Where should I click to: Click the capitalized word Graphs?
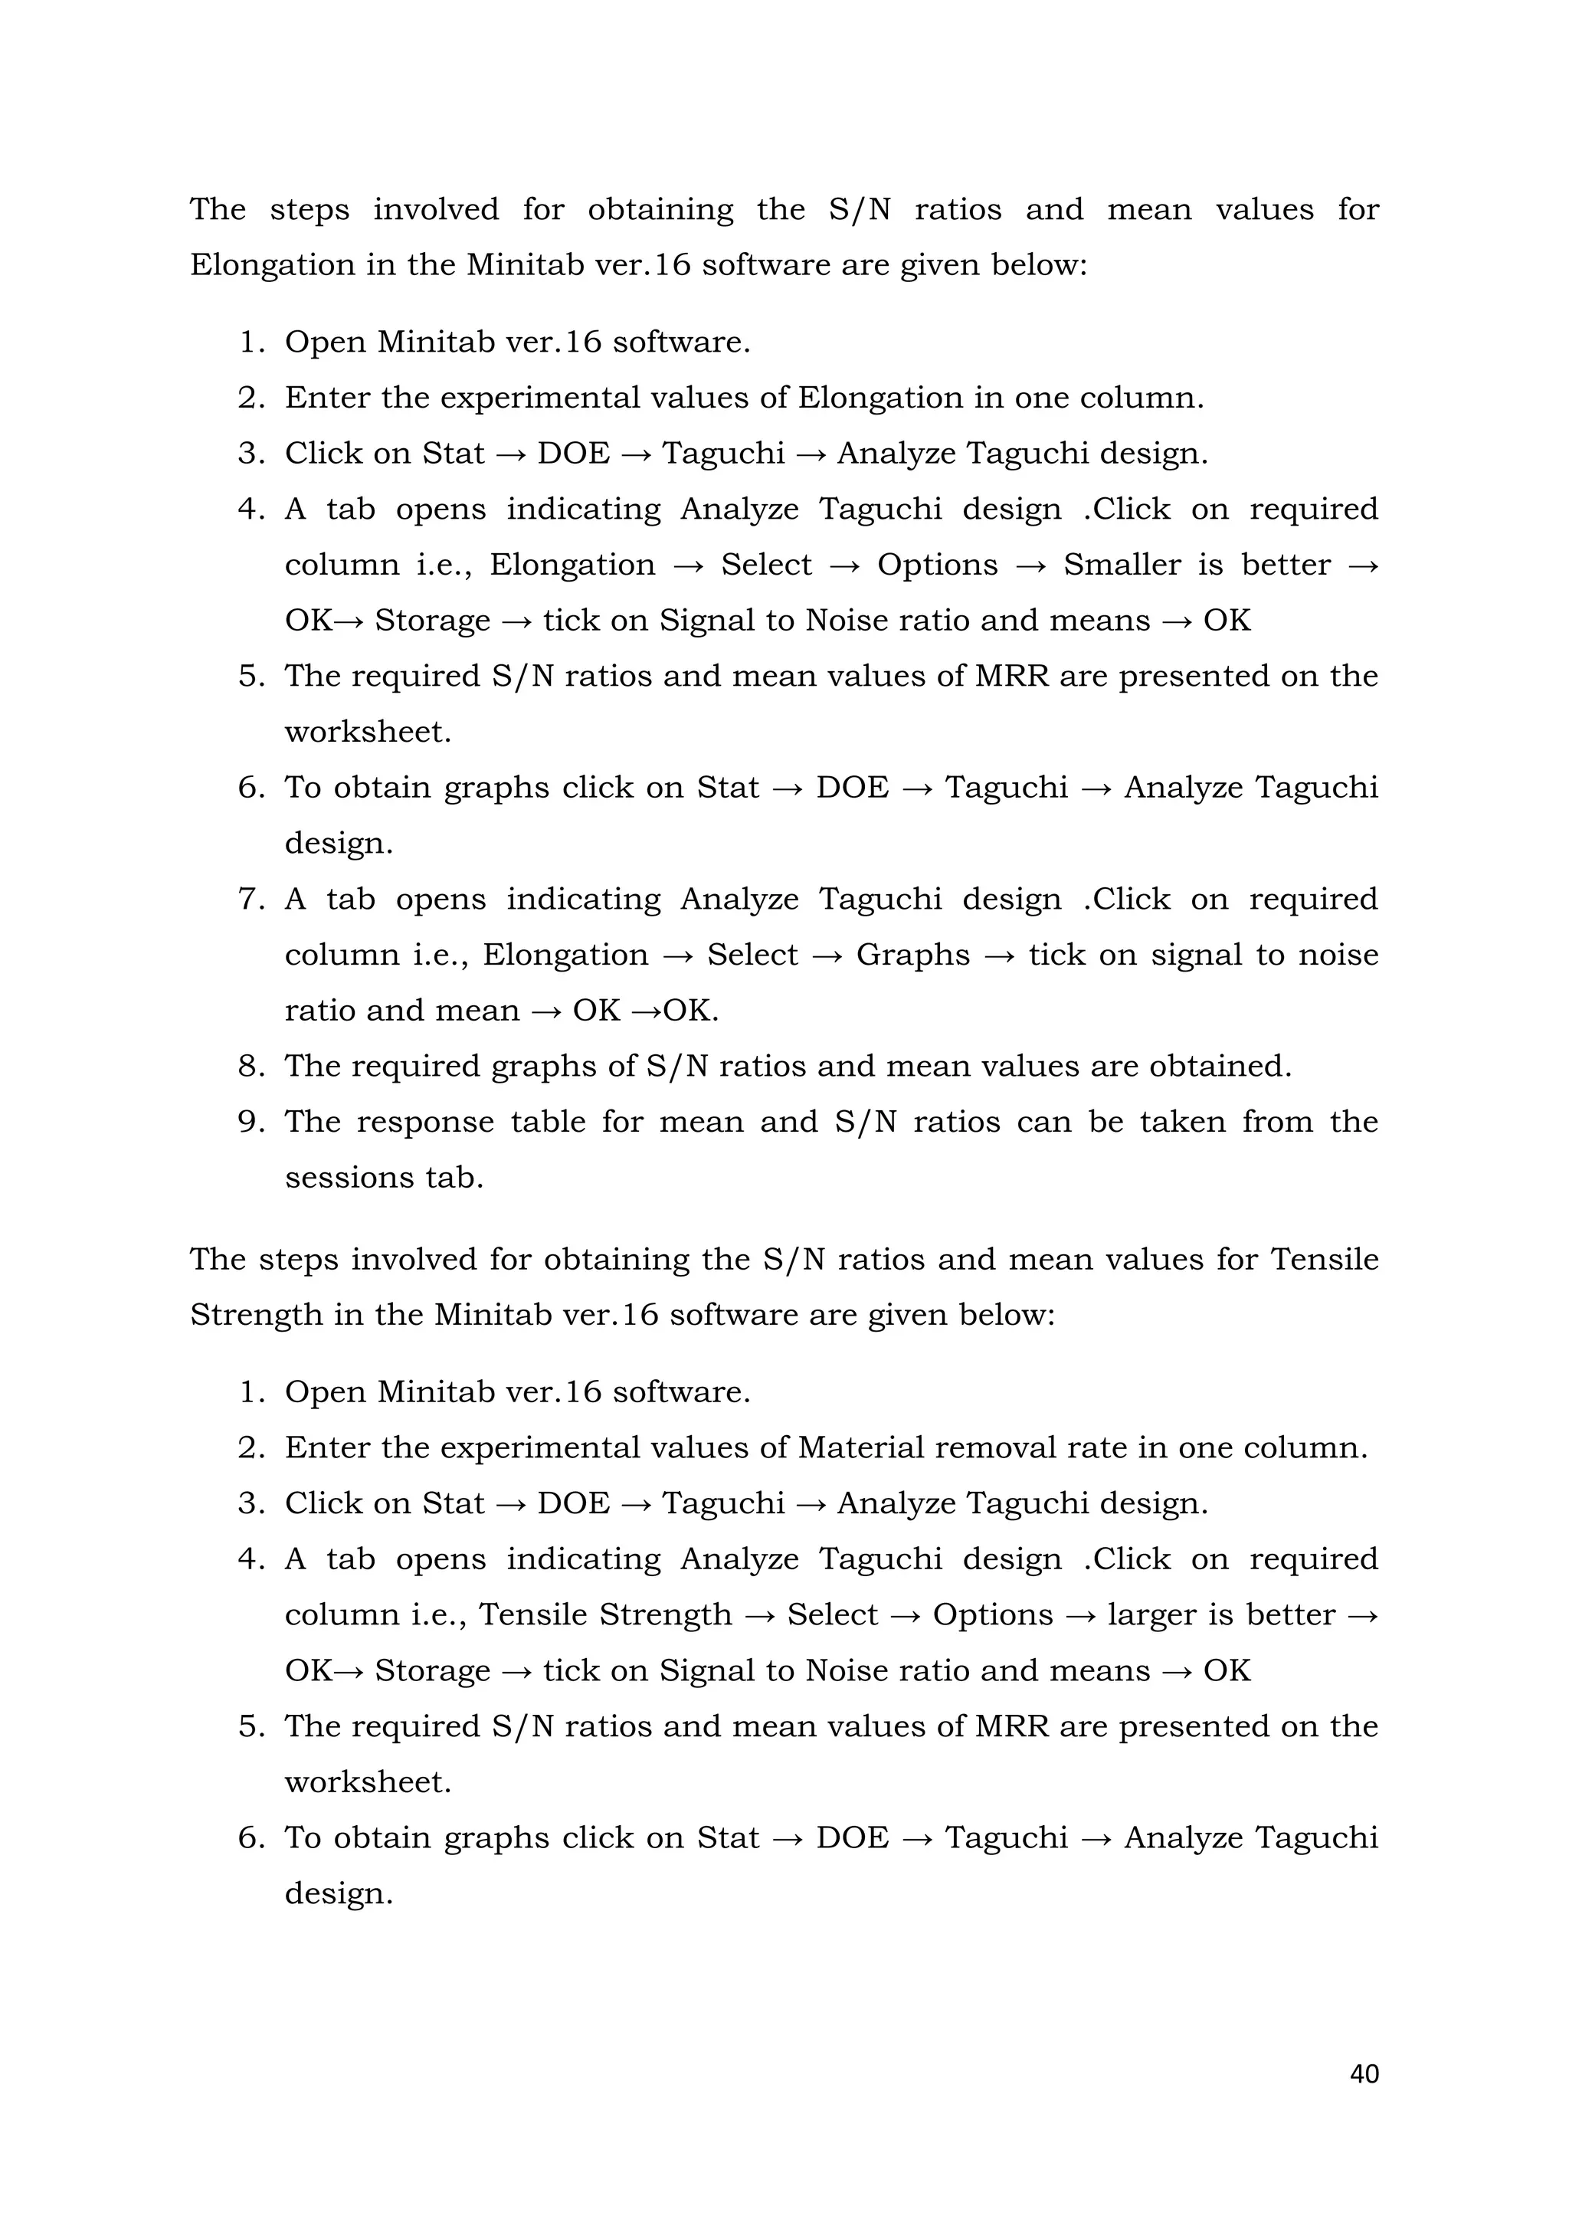tap(913, 955)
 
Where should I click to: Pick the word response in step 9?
tap(422, 1122)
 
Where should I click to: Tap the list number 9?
tap(251, 1122)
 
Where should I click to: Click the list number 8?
tap(251, 1066)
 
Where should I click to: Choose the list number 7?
tap(251, 899)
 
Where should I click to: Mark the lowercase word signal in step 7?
tap(1194, 955)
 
